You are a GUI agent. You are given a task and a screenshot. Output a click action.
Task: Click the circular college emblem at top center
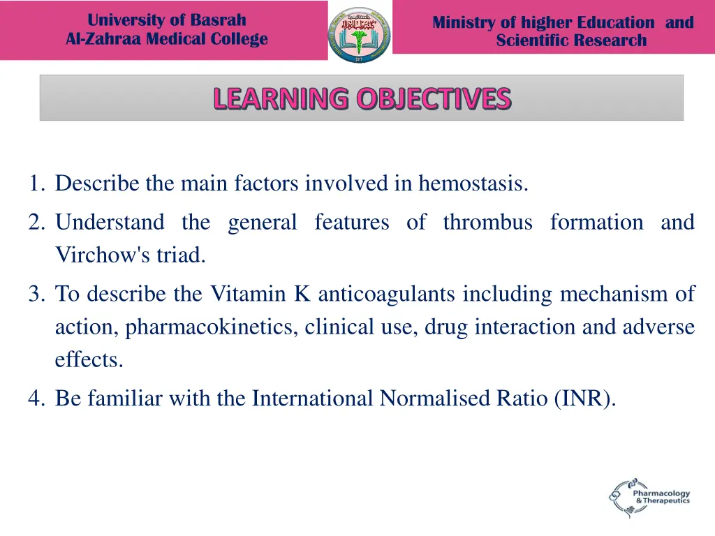point(360,33)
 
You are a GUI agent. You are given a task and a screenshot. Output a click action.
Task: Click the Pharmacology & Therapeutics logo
point(649,497)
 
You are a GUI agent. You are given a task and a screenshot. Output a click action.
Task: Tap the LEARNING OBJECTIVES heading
point(362,98)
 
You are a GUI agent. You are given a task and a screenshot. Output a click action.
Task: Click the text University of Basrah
point(167,20)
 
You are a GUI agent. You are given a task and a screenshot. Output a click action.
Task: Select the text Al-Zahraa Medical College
point(167,39)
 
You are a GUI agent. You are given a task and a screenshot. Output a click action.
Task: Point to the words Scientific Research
point(571,40)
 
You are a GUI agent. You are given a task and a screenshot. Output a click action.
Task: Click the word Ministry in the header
point(464,22)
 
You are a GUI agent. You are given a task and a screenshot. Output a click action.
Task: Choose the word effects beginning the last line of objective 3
point(89,359)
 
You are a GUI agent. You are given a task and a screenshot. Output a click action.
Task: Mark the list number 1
point(37,184)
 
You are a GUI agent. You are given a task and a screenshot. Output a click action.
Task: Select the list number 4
point(37,398)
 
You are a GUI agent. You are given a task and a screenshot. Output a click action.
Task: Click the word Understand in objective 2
point(110,223)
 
